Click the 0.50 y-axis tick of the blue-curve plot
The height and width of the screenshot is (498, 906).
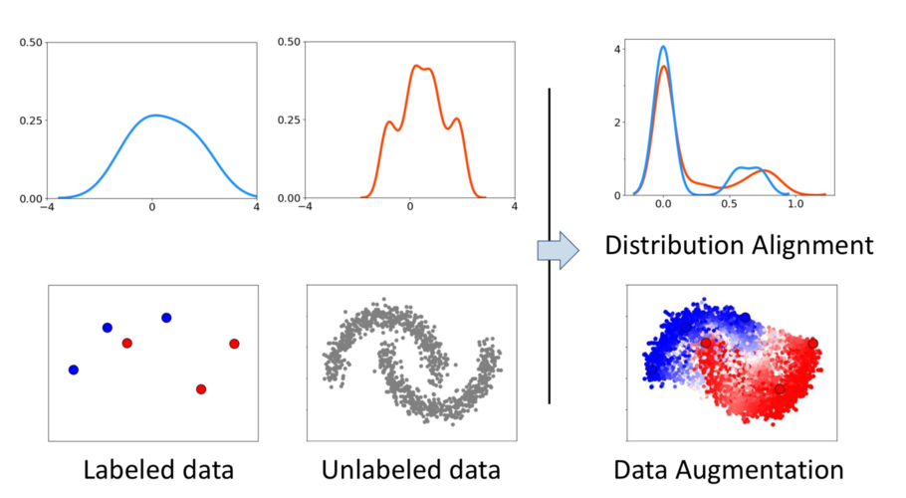click(x=30, y=43)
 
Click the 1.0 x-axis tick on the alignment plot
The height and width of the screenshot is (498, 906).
click(x=794, y=204)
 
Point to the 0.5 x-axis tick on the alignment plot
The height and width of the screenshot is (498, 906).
click(x=729, y=204)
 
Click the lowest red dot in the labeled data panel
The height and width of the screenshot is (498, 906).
click(x=201, y=388)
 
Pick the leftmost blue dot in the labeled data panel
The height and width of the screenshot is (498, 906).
click(x=73, y=370)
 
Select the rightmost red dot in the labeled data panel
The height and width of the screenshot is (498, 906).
click(x=234, y=344)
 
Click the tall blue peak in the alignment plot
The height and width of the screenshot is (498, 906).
click(x=663, y=47)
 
